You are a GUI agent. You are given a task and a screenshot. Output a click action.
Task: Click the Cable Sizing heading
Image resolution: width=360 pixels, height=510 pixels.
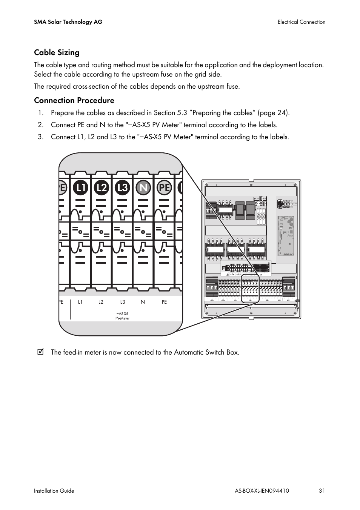pos(57,52)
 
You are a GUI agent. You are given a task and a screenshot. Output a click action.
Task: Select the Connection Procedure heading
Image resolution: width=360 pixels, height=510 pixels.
pos(74,100)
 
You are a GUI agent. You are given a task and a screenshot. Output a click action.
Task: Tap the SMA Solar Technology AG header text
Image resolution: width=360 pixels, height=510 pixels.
pos(68,22)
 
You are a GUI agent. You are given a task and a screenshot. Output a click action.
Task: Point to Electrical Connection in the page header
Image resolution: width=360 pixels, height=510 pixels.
pos(301,22)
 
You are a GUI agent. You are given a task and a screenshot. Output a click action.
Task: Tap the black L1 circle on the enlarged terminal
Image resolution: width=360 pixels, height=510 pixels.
pos(80,187)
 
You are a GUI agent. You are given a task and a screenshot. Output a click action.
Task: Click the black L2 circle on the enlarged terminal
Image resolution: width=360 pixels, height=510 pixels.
pos(101,187)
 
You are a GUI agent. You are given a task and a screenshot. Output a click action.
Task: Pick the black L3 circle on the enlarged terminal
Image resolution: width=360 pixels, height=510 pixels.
pos(122,187)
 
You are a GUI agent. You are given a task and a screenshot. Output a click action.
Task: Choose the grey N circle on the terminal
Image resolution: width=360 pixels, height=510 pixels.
pos(143,187)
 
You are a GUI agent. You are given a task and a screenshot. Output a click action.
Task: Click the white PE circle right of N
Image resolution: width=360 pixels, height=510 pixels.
pos(164,187)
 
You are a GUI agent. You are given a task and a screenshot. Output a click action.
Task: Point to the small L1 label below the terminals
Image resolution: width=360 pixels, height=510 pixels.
pos(80,302)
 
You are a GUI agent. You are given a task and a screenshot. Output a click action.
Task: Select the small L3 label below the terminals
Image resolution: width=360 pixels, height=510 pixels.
pos(123,302)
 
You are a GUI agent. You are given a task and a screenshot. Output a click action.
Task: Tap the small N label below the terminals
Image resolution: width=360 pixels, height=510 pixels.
pos(143,302)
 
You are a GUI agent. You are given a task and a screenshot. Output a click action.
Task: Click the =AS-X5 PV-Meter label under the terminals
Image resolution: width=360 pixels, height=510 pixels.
pos(122,316)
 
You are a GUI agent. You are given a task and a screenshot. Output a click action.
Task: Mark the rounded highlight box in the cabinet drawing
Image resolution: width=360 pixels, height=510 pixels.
pos(250,289)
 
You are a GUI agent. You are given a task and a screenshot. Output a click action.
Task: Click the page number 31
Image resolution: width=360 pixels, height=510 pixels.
pos(322,491)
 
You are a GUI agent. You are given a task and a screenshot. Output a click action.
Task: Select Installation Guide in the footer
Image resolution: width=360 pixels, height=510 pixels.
pos(54,491)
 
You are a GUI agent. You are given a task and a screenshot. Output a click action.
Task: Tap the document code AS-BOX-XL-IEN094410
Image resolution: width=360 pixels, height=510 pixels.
pos(262,491)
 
